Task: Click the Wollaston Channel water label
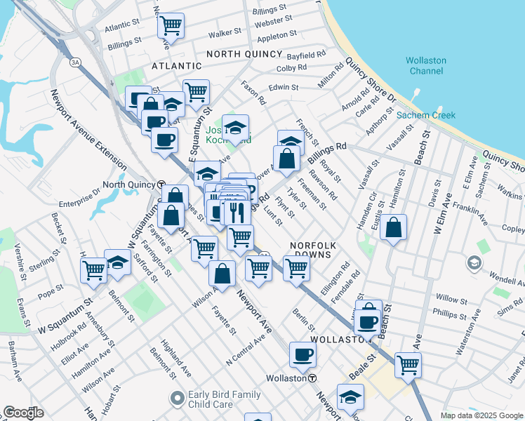[x=425, y=65]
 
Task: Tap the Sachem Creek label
[x=425, y=115]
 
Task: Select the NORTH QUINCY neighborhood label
[x=241, y=53]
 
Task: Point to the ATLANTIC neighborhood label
[x=178, y=66]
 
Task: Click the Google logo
[x=22, y=413]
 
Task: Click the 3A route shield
[x=74, y=62]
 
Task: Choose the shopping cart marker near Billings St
[x=171, y=27]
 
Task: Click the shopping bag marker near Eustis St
[x=394, y=227]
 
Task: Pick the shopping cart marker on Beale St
[x=408, y=364]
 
